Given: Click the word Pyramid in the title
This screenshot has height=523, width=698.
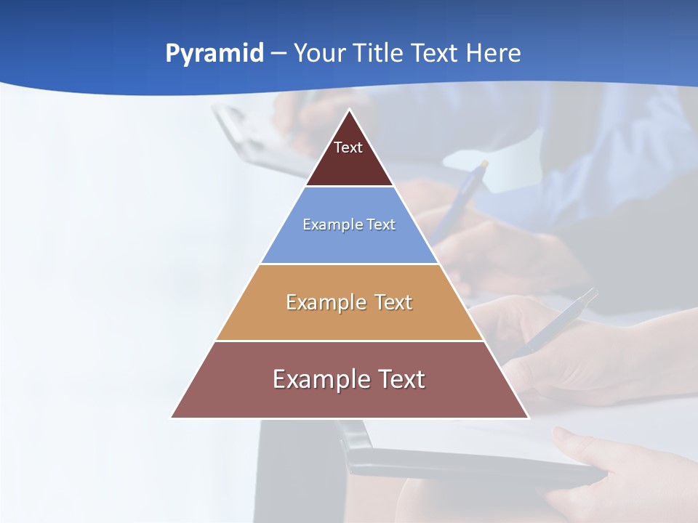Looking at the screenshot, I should coord(214,54).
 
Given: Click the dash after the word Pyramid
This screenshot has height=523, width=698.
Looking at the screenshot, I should coord(278,54).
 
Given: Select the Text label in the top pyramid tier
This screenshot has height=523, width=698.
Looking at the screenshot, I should coord(348,147).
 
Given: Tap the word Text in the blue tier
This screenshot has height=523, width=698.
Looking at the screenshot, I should coord(380,224).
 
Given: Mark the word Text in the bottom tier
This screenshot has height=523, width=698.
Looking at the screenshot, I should coord(401,379).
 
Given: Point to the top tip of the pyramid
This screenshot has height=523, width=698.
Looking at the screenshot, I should coord(350,110).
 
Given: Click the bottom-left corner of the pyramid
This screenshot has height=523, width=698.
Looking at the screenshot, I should coord(172,417).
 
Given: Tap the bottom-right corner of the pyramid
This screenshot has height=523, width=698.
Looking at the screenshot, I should coord(528,417).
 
